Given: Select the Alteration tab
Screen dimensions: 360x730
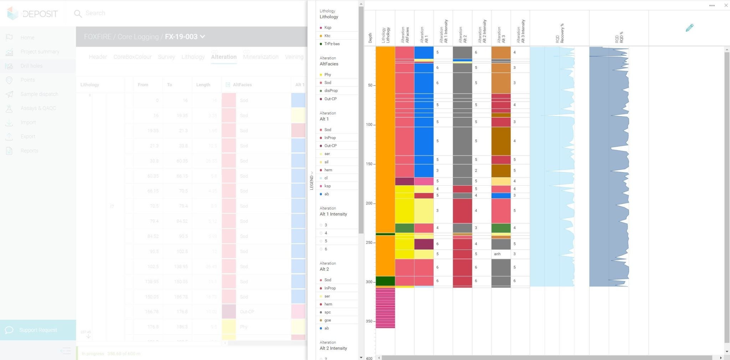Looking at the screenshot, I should [223, 57].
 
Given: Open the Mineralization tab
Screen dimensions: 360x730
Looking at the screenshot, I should [261, 57].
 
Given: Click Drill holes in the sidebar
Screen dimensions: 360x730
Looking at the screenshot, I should [31, 66].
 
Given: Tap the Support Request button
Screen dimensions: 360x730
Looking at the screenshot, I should [38, 330].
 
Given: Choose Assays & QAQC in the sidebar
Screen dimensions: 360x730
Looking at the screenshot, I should [38, 108].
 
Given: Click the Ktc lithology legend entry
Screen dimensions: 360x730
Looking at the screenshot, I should [327, 36].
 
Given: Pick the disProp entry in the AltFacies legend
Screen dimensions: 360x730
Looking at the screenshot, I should [331, 91].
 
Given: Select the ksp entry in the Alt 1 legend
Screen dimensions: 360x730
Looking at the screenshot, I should [327, 186].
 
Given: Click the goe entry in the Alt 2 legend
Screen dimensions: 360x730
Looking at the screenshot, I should [328, 320].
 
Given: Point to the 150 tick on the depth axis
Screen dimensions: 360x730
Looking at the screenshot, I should [370, 164].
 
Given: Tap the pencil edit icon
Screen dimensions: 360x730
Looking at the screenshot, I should [689, 28].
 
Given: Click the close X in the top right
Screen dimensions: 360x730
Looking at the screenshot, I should [726, 5].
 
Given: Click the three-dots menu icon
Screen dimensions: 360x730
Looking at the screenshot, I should [712, 5].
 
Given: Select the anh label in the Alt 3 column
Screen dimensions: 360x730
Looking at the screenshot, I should [497, 254].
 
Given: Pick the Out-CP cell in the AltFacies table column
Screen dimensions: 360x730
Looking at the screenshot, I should [247, 312].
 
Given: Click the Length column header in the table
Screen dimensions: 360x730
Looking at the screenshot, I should [203, 85].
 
